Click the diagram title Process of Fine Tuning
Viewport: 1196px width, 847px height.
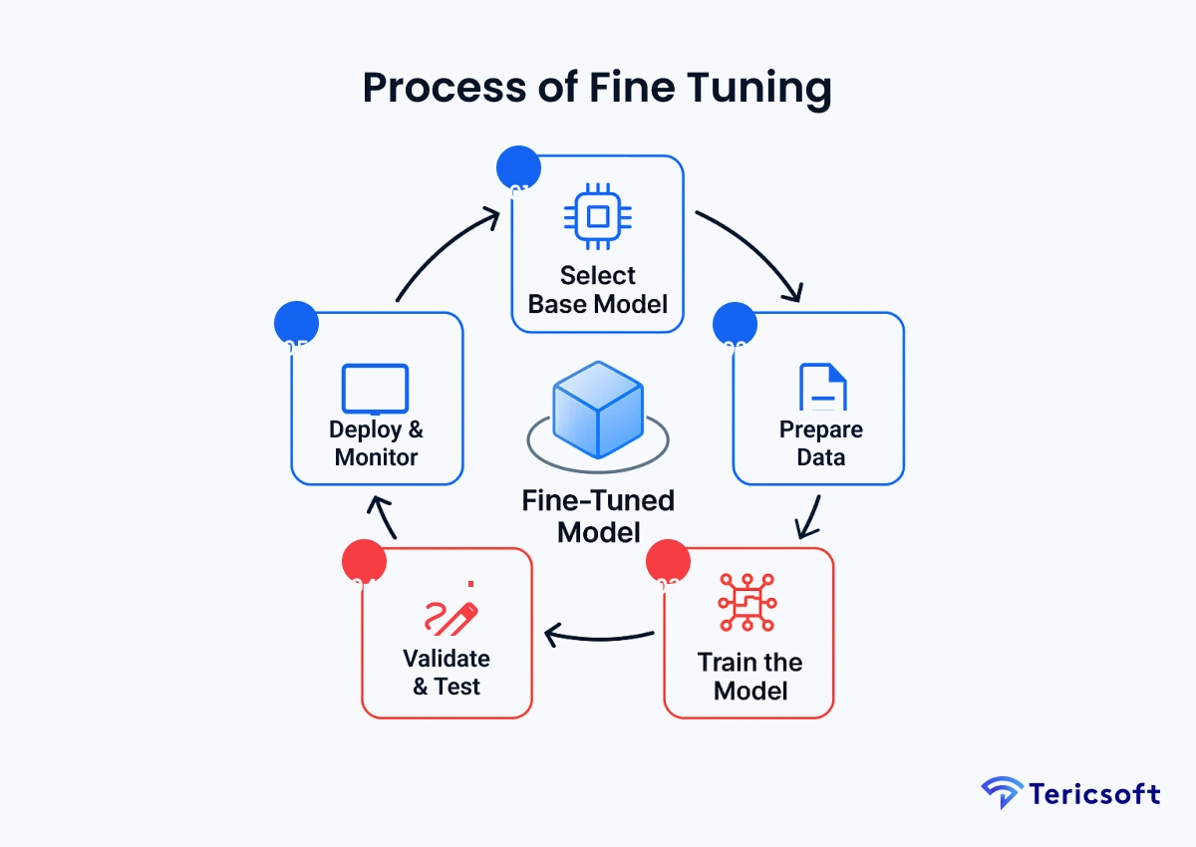tap(597, 88)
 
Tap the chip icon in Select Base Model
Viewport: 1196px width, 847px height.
tap(598, 216)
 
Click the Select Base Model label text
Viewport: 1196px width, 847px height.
tap(598, 289)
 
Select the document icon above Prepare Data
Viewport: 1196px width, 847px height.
tap(822, 388)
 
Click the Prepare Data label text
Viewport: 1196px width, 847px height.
tap(821, 443)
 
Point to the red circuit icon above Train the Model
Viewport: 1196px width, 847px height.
tap(747, 601)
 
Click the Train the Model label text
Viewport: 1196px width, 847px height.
tap(750, 676)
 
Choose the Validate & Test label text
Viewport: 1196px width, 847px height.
tap(447, 673)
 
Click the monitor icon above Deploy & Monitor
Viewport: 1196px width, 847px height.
tap(375, 389)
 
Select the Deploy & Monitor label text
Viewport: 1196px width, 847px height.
tap(376, 443)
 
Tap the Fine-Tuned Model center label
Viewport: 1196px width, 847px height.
tap(597, 515)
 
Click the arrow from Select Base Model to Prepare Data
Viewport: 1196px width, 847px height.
tap(753, 249)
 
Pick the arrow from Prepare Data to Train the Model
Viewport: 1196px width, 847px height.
tap(809, 516)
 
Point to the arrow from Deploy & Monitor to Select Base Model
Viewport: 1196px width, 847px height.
tap(444, 249)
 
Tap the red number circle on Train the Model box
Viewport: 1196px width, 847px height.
tap(668, 562)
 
